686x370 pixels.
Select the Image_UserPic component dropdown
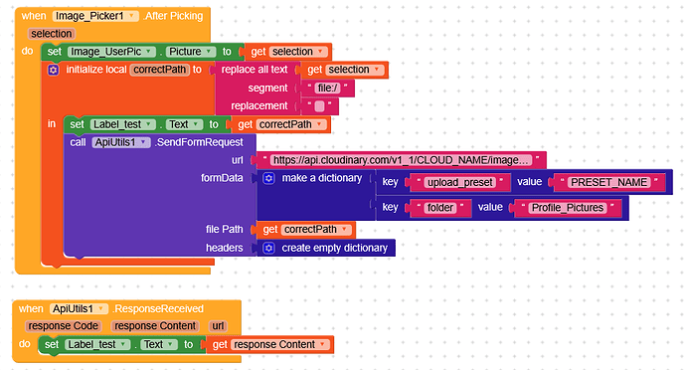[111, 52]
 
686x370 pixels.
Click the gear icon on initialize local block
[54, 70]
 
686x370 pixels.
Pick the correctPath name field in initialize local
[159, 70]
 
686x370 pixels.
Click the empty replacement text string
[319, 105]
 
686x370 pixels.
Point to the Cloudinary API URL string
[400, 159]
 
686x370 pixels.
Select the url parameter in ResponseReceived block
[218, 325]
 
